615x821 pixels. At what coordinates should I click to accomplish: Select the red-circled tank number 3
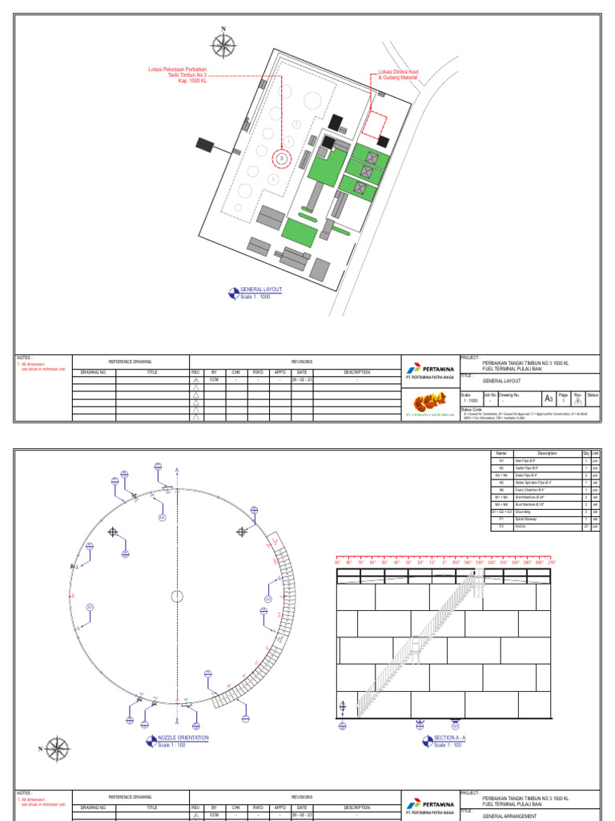pos(282,159)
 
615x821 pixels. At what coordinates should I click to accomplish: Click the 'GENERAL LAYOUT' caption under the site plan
pos(260,289)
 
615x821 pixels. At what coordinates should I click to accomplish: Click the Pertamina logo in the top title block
pos(431,370)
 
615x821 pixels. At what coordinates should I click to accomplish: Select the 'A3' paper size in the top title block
pos(549,398)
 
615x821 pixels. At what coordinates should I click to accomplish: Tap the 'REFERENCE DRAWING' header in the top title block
pos(130,362)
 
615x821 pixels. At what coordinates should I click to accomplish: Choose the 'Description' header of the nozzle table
pos(547,453)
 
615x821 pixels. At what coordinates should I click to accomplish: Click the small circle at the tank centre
pos(177,596)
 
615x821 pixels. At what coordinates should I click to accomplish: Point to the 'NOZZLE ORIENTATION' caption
pos(183,737)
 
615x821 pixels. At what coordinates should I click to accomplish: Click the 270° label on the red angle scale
pos(551,563)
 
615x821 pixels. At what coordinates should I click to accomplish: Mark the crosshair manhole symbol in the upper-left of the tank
pos(114,531)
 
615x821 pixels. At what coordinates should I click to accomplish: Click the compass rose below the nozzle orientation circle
pos(57,750)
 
